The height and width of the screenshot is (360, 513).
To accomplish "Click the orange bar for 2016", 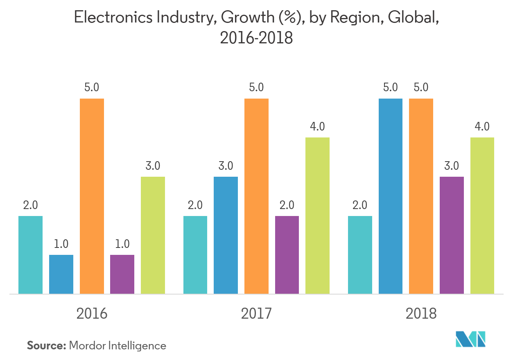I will (92, 196).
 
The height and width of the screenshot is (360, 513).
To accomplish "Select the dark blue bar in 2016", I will (61, 274).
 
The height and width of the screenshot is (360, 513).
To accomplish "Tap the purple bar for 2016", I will (122, 274).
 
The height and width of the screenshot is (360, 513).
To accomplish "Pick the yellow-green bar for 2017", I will (317, 216).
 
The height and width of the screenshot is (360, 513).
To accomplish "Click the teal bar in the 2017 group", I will (195, 254).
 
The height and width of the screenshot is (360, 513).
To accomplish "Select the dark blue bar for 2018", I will (390, 196).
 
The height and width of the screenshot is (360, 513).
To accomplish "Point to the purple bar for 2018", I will (452, 235).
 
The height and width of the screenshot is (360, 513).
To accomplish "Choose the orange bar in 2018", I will (421, 196).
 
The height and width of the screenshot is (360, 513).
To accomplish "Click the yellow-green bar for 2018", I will (482, 216).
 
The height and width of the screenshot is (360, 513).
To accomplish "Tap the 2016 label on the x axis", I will (92, 314).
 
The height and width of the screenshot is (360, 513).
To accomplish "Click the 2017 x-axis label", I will (256, 314).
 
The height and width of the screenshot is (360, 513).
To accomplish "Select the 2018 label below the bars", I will (421, 314).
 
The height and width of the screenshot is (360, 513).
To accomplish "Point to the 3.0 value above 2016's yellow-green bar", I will (153, 166).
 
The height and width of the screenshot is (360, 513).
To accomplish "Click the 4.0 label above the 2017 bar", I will (317, 127).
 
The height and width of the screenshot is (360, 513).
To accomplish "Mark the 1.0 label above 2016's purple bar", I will (122, 244).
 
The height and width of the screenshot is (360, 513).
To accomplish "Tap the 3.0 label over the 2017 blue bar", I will (226, 166).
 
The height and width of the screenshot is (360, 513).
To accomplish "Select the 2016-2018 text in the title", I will (256, 38).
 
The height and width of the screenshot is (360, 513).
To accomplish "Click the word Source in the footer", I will (46, 346).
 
